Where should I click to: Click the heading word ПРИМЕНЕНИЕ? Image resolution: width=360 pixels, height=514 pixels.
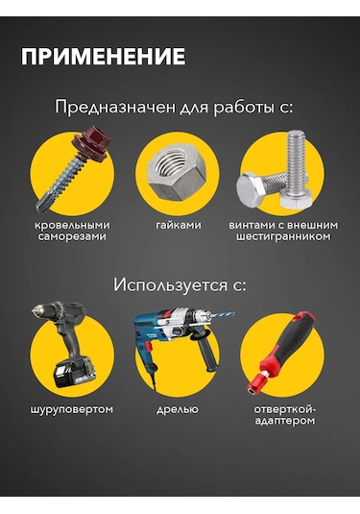point(103,57)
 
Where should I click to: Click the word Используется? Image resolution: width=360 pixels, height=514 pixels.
point(170,285)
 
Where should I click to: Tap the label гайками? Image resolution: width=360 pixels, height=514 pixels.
point(179,225)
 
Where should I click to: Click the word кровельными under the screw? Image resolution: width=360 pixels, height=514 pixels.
point(72,225)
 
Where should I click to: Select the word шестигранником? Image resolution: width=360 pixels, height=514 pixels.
point(283,236)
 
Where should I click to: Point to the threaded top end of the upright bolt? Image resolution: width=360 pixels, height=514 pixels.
point(296,135)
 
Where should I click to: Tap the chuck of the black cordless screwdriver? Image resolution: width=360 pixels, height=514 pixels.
point(40,310)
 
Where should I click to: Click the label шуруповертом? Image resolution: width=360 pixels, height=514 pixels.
point(72,409)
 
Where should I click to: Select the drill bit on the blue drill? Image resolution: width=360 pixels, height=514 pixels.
point(222,316)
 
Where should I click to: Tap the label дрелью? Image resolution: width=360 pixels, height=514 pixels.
point(178,409)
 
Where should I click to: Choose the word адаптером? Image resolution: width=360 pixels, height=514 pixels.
point(285,421)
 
